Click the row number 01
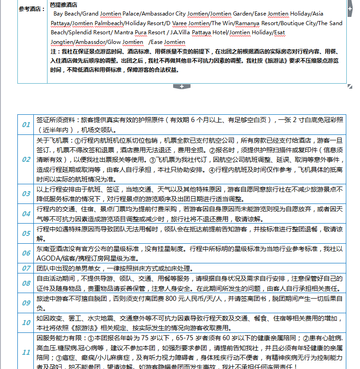[26, 124]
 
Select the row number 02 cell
[26, 160]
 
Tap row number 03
[26, 193]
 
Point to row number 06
[26, 253]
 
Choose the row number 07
[26, 268]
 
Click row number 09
[26, 303]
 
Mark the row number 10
[26, 323]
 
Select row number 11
[26, 352]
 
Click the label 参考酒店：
[32, 9]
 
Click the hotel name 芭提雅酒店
[64, 5]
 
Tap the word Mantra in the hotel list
[123, 32]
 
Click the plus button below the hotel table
[182, 86]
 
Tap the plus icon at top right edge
[350, 9]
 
